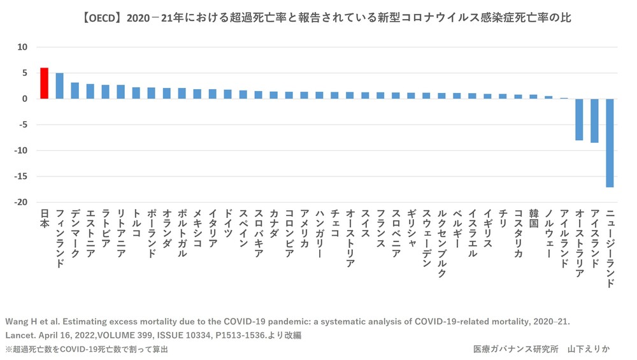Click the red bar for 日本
coord(44,83)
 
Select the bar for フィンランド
coord(59,86)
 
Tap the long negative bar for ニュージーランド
coord(610,143)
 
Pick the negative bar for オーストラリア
coord(579,119)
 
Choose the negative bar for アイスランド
coord(594,120)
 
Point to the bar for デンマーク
coord(75,90)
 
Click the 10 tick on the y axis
coord(23,47)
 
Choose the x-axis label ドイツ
coord(227,224)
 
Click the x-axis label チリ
coord(503,218)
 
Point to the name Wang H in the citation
coord(23,321)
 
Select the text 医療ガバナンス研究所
coord(515,349)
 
